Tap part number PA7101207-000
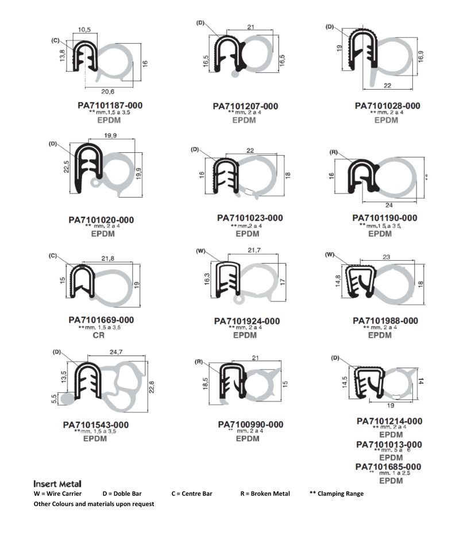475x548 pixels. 245,106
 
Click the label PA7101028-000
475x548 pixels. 387,106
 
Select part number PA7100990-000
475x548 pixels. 250,424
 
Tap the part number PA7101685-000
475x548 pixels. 388,466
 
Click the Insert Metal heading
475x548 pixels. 57,484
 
